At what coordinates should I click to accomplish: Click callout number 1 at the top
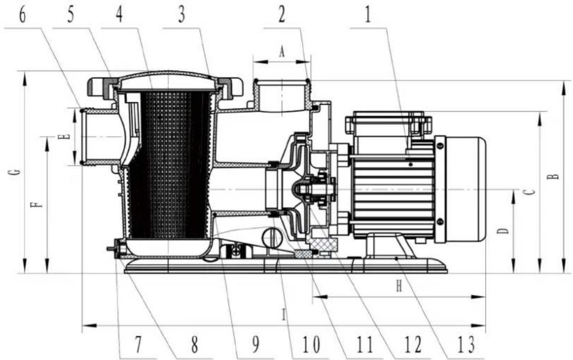(x=368, y=15)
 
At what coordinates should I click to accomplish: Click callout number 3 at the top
(x=181, y=15)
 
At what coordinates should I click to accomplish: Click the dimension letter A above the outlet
(x=281, y=52)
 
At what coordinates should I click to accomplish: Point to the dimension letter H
(x=399, y=286)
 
